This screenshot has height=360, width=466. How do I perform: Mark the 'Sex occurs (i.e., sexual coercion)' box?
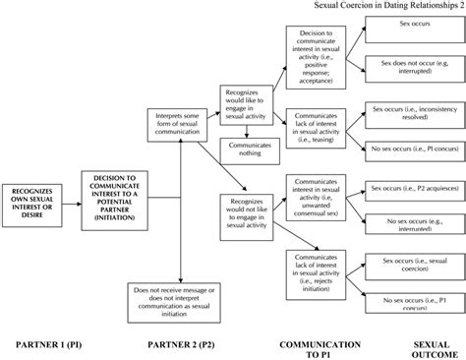coord(411,264)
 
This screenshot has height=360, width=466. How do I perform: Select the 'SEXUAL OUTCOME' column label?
coord(426,349)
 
